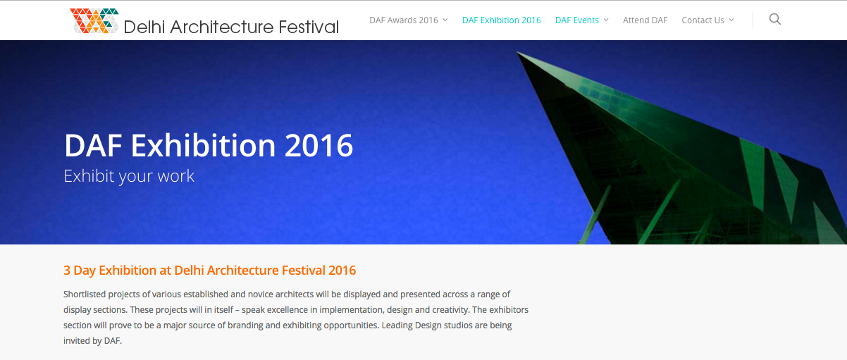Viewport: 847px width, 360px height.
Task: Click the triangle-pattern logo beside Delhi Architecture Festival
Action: [94, 21]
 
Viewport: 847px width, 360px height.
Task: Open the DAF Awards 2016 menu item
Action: [404, 20]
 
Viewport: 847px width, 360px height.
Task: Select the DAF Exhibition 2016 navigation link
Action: [502, 20]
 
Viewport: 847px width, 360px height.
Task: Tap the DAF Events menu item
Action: [576, 20]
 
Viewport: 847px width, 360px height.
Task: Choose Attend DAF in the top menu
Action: [645, 20]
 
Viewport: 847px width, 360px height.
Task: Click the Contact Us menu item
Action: [703, 20]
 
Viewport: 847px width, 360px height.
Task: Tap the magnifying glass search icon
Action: [775, 19]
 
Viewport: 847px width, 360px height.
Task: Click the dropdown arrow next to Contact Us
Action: [731, 20]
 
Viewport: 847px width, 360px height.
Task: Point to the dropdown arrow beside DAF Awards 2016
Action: [445, 20]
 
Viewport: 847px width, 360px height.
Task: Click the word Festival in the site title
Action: [309, 27]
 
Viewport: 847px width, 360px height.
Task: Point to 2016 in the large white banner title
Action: [319, 145]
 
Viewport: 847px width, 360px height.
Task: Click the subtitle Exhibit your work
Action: [129, 176]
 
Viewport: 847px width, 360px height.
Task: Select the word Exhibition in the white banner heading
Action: [204, 145]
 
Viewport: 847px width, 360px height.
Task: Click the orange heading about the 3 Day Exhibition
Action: [209, 270]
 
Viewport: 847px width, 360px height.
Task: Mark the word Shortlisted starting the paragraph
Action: [85, 294]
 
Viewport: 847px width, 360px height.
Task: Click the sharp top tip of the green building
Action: [517, 53]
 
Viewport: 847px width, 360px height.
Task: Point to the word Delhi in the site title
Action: [144, 27]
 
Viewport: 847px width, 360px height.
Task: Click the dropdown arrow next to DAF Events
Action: [606, 20]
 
